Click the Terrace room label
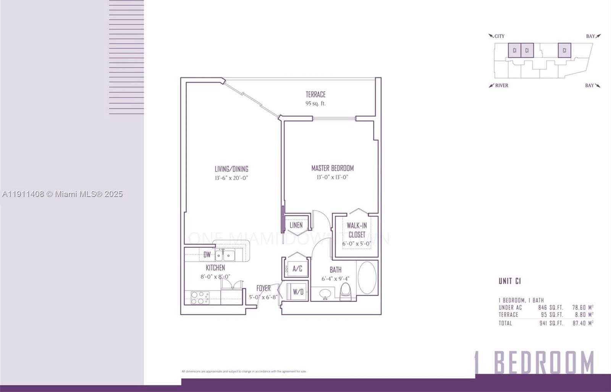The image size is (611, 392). coord(315,94)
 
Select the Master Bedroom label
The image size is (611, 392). coord(332,168)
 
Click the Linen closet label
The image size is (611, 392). coord(296,225)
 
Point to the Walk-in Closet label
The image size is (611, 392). coord(357,230)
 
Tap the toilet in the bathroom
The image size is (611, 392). coord(345,292)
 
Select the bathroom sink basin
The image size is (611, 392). coord(325,294)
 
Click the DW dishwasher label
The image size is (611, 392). coord(207,255)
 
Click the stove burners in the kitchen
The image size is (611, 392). coord(199,298)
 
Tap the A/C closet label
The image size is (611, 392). coord(297,269)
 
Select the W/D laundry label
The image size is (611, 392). coord(298,292)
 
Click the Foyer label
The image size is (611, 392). coord(263,288)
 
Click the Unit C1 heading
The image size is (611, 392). coord(509,281)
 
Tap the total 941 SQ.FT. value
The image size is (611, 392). coord(550,323)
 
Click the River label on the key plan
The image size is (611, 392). coord(501,85)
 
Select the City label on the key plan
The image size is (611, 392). coord(499,36)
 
